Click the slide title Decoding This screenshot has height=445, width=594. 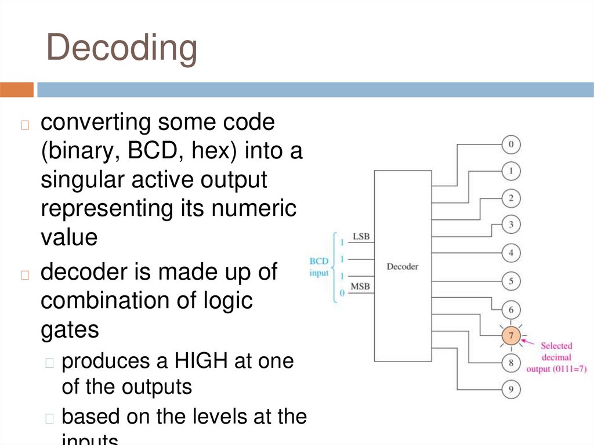[122, 48]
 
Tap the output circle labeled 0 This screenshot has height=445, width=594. [511, 144]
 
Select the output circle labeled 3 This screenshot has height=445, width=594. [511, 224]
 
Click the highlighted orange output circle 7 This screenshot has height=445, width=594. [511, 336]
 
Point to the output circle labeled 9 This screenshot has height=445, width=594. [511, 390]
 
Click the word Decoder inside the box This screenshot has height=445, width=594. [402, 266]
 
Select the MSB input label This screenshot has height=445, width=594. [360, 287]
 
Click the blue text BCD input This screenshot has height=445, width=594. [318, 267]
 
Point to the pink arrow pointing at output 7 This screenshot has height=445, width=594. [528, 342]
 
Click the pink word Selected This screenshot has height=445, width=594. [556, 346]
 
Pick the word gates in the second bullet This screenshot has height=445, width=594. [70, 330]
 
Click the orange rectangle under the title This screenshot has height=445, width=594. [17, 90]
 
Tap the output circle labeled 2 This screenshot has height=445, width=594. [511, 198]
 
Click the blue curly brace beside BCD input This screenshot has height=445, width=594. [335, 266]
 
